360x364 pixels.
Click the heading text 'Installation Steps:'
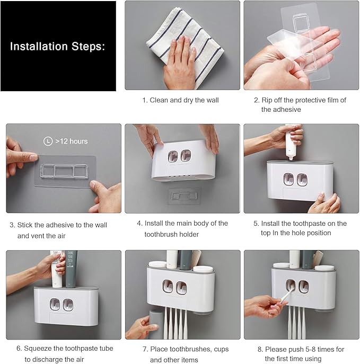[58, 46]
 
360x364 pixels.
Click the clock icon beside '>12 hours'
[48, 141]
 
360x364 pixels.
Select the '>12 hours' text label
[71, 141]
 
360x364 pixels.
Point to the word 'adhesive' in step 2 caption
[275, 109]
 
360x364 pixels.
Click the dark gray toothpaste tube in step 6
[72, 268]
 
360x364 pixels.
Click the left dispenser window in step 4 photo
[173, 156]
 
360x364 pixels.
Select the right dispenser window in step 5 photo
[302, 179]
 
